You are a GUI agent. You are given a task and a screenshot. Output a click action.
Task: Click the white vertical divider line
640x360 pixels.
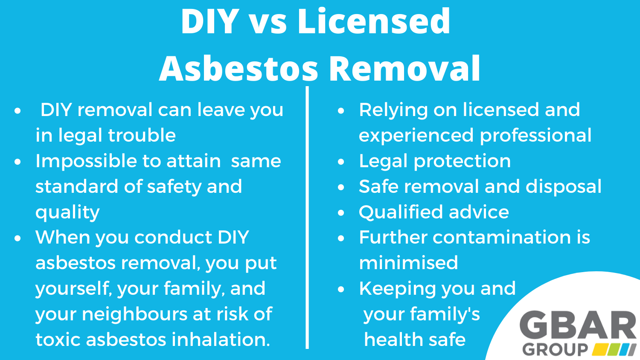(307, 218)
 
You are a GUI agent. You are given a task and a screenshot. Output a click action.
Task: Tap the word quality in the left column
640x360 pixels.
(67, 212)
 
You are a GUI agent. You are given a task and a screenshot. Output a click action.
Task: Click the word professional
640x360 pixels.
(535, 135)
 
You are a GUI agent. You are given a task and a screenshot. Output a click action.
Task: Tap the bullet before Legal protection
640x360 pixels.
(340, 162)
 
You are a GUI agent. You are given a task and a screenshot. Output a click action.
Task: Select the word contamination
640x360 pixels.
(501, 237)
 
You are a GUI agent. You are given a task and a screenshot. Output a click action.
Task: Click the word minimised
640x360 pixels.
(408, 263)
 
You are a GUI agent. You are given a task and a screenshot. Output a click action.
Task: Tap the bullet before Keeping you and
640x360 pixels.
(340, 289)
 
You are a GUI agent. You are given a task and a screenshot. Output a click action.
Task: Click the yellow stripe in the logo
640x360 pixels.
(601, 349)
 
